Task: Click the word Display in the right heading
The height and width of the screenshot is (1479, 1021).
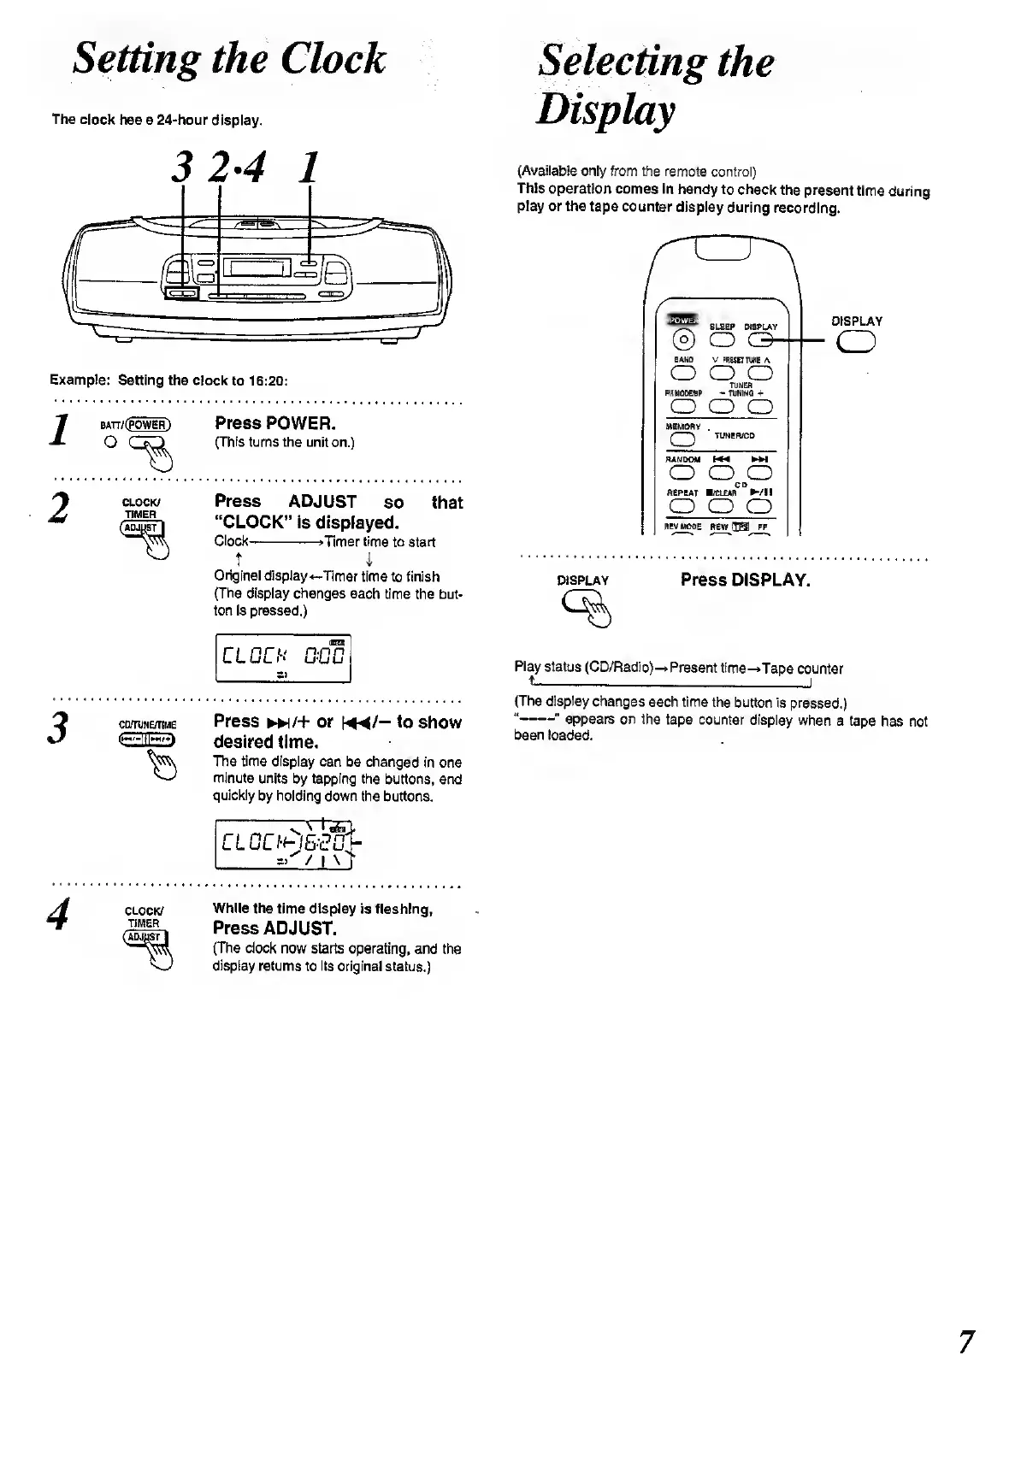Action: coord(605,109)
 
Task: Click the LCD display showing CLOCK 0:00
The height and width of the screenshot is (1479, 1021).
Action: coord(283,658)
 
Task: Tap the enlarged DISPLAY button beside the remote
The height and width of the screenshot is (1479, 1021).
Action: coord(857,342)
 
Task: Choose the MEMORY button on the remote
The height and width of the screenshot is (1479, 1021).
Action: coord(682,439)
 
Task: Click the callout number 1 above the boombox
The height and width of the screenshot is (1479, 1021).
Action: coord(310,167)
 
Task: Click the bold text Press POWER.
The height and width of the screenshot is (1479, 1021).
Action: coord(275,423)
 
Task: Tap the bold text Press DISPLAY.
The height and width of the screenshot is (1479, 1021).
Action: coord(745,580)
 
